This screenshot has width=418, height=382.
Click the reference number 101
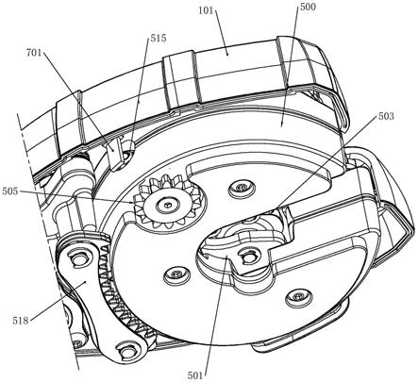(x=206, y=11)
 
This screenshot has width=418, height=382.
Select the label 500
(x=308, y=7)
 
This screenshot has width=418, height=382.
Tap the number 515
(x=159, y=39)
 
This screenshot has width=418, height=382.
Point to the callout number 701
(x=34, y=53)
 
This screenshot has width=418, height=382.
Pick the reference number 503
(x=386, y=116)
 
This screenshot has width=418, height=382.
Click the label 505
(x=10, y=191)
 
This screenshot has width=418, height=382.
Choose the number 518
(x=21, y=321)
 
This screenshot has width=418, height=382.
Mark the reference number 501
(x=195, y=375)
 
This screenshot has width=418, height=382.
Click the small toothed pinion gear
(x=167, y=202)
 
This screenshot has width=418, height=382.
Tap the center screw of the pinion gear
(x=167, y=205)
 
